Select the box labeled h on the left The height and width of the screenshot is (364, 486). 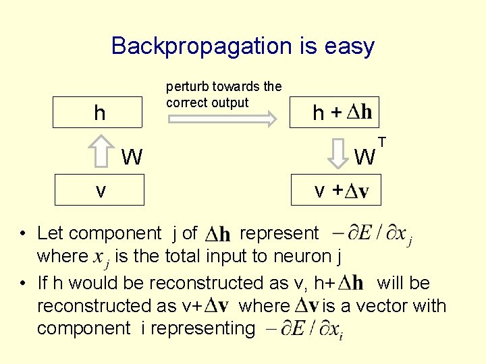(100, 113)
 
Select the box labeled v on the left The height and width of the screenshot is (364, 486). (100, 191)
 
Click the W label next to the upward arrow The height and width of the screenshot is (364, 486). (132, 158)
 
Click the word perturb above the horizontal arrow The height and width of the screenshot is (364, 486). (187, 86)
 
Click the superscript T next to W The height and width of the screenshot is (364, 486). (382, 142)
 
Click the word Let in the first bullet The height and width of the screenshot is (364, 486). (49, 233)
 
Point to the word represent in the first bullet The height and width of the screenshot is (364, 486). (279, 233)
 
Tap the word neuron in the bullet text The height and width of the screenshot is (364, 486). (288, 256)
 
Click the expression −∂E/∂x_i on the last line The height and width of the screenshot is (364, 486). (304, 330)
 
